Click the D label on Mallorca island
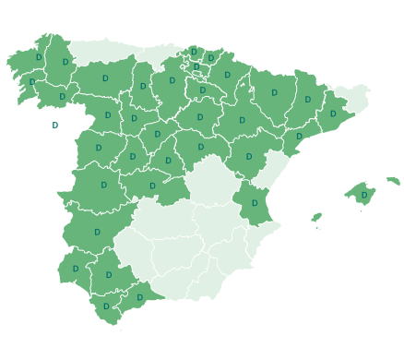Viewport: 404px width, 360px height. pyautogui.click(x=364, y=195)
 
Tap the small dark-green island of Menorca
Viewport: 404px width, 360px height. pyautogui.click(x=393, y=181)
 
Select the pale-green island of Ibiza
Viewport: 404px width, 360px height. pyautogui.click(x=316, y=218)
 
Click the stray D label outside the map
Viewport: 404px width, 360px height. pyautogui.click(x=54, y=125)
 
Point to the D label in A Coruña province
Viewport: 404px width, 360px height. pyautogui.click(x=39, y=57)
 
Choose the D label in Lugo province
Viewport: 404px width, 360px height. pyautogui.click(x=65, y=62)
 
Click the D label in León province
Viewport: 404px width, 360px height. pyautogui.click(x=104, y=78)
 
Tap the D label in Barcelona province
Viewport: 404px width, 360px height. pyautogui.click(x=333, y=114)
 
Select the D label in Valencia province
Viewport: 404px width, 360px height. pyautogui.click(x=255, y=203)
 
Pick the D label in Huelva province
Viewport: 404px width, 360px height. pyautogui.click(x=76, y=269)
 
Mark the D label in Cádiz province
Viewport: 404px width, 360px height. pyautogui.click(x=106, y=306)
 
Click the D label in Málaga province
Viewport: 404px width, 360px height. pyautogui.click(x=140, y=297)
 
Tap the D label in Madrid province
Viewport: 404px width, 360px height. pyautogui.click(x=168, y=161)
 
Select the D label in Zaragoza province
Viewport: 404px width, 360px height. pyautogui.click(x=243, y=120)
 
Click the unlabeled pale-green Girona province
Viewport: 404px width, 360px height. pyautogui.click(x=354, y=96)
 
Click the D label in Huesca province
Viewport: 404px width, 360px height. pyautogui.click(x=274, y=92)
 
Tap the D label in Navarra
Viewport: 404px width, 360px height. pyautogui.click(x=227, y=75)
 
